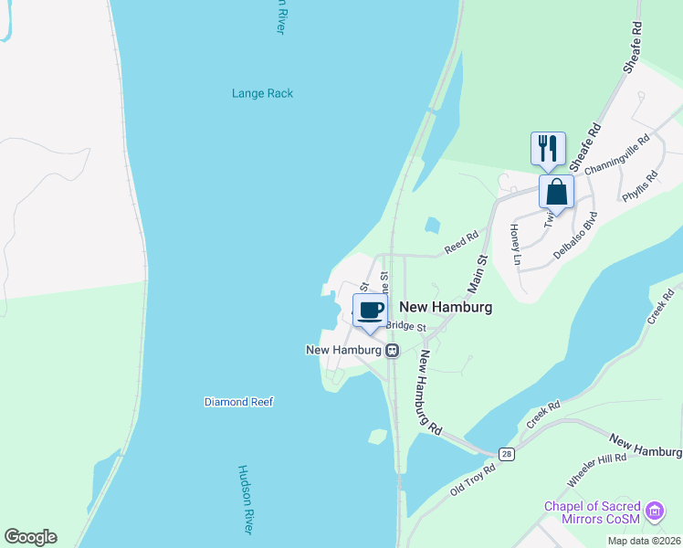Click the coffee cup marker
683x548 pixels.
[x=370, y=311]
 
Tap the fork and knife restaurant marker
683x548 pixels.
[x=548, y=148]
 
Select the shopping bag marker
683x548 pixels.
[x=556, y=193]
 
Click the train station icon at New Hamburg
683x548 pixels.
[x=392, y=350]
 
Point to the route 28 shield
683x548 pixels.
[x=507, y=454]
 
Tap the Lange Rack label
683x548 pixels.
[x=262, y=93]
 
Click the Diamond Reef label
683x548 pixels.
[x=238, y=402]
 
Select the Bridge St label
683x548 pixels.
[x=406, y=326]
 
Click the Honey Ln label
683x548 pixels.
[x=515, y=244]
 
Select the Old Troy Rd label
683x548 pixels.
[x=472, y=481]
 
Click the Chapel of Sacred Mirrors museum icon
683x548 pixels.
[x=654, y=512]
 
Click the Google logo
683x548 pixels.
[x=30, y=537]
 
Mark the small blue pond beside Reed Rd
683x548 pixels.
[x=432, y=225]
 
